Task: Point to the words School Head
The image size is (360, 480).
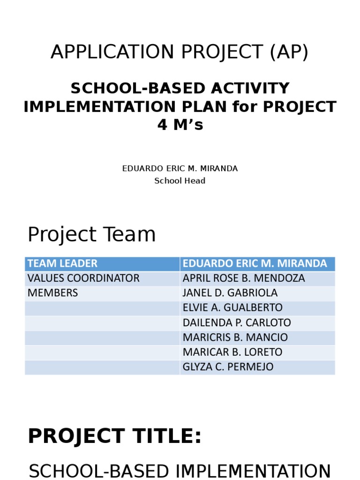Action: pos(180,181)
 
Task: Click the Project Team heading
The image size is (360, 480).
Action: pos(92,234)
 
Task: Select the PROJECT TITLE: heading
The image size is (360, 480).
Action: pos(115,436)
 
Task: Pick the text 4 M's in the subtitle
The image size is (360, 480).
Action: pos(180,125)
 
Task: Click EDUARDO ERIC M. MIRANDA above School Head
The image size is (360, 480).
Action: pos(180,169)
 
